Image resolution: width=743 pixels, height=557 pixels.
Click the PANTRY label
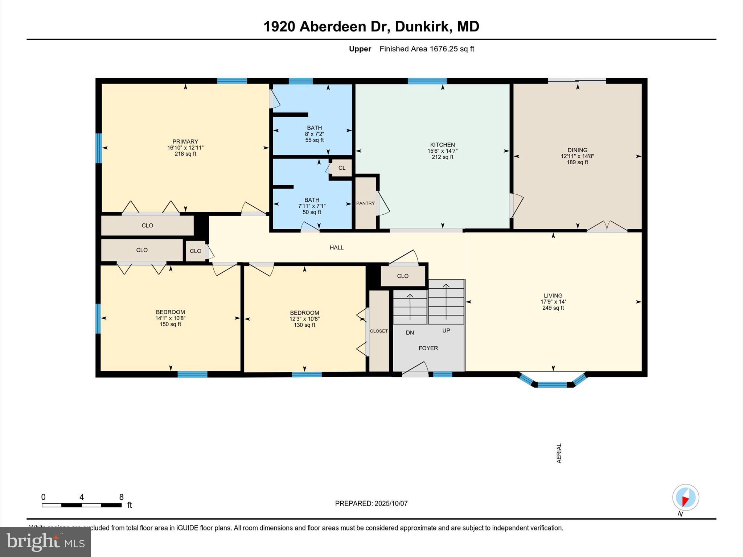[x=365, y=203]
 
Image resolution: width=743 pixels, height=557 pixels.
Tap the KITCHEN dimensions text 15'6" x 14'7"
[x=442, y=151]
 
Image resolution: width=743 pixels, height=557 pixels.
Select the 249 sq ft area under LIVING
[x=553, y=308]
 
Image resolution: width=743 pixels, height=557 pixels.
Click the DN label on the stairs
[x=410, y=333]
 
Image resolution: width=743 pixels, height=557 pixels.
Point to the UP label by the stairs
[x=446, y=330]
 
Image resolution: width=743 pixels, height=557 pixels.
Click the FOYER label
[x=428, y=348]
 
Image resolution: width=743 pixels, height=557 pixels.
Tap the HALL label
[x=336, y=247]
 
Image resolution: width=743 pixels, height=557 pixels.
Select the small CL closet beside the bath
[x=342, y=168]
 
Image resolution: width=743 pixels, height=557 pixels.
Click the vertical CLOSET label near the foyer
[x=379, y=331]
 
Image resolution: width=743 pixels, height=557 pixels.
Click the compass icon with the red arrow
[x=685, y=498]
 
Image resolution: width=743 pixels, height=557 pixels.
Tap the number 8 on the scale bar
[x=121, y=497]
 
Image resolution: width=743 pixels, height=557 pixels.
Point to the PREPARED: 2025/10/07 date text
[x=371, y=503]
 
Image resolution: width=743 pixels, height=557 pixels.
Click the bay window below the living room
[x=552, y=383]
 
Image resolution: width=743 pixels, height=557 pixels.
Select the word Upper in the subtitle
[x=360, y=49]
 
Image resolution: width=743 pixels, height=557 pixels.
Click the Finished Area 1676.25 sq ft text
[x=427, y=49]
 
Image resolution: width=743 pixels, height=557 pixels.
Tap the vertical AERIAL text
[x=559, y=453]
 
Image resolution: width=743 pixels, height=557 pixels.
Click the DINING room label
[x=577, y=150]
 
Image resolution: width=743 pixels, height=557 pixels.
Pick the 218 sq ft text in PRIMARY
[x=185, y=154]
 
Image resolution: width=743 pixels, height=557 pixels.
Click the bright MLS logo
[x=45, y=542]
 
